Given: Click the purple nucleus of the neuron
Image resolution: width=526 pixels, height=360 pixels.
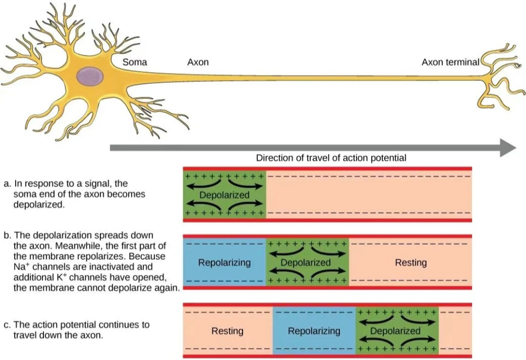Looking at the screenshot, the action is (90, 76).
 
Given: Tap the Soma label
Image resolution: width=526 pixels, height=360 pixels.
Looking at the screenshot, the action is (134, 62).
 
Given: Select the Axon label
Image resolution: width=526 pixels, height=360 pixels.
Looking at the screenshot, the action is (198, 62).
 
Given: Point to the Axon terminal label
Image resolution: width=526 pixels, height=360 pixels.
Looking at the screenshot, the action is (451, 62).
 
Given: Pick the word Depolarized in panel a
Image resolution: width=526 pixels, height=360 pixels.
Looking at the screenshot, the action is (225, 195).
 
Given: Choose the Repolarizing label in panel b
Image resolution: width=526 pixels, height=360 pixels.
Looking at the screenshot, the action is (225, 263).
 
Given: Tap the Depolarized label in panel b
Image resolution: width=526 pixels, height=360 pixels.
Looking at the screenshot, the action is (305, 263).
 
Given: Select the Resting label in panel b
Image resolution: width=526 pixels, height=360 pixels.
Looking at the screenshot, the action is (411, 263).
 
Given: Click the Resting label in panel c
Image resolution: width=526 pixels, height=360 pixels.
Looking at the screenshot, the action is (227, 331).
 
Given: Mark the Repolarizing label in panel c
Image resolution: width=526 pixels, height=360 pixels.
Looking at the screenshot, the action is (314, 331).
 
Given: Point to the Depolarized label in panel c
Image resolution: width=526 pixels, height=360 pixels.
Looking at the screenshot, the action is (395, 331).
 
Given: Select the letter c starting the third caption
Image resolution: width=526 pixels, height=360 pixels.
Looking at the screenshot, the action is (6, 325).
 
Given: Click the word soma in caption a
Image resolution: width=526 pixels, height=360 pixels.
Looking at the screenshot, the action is (24, 194).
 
